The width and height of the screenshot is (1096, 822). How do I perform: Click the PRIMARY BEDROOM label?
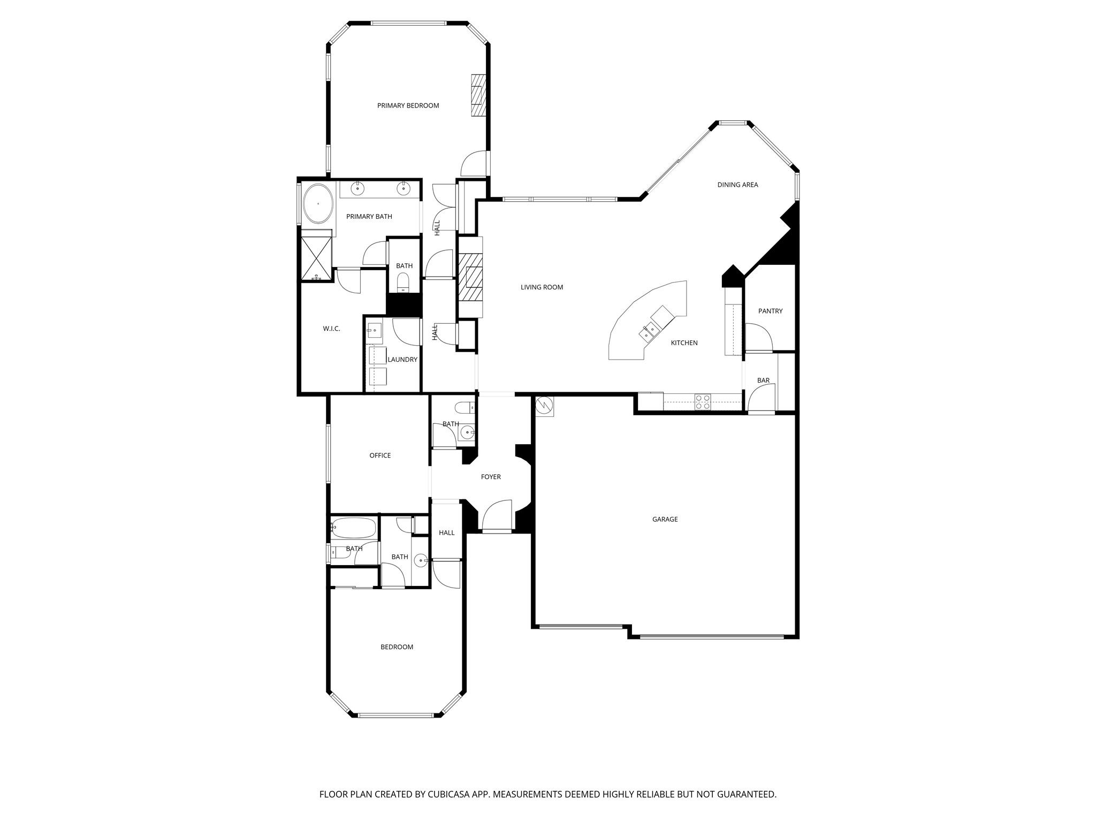click(x=408, y=105)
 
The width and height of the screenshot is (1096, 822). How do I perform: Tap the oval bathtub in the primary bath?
click(x=318, y=204)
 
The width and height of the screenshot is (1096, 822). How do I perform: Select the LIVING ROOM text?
click(x=542, y=287)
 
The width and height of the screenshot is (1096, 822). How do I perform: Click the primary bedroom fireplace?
click(x=478, y=95)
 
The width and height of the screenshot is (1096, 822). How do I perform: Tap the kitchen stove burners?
click(x=703, y=402)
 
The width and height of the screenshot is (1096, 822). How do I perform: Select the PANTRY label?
click(x=770, y=311)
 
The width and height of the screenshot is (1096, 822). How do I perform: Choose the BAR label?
click(x=763, y=380)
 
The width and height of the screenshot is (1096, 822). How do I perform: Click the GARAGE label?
click(x=665, y=519)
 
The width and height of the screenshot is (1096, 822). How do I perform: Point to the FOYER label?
click(x=491, y=477)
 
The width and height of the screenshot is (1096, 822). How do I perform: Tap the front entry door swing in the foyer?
click(x=497, y=515)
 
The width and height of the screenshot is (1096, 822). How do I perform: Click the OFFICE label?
click(x=380, y=455)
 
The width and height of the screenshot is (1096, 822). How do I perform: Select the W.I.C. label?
click(x=331, y=329)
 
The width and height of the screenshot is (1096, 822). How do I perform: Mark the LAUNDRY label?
click(x=402, y=360)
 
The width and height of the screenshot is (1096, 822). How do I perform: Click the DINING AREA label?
click(x=737, y=185)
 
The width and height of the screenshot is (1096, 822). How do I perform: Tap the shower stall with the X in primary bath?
click(x=316, y=258)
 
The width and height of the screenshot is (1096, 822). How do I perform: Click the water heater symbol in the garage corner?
click(x=544, y=406)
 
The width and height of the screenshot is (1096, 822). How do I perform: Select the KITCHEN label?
click(x=684, y=343)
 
